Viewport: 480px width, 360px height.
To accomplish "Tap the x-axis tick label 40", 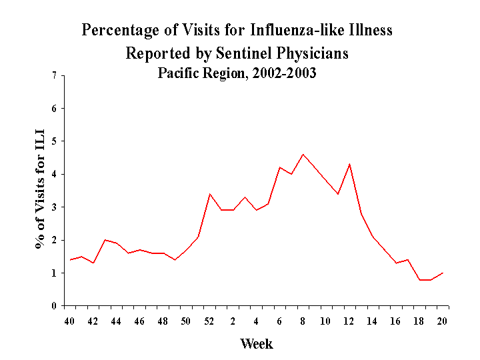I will point(69,321).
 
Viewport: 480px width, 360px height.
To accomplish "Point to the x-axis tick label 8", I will point(303,321).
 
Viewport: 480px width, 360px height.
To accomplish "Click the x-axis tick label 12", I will point(349,321).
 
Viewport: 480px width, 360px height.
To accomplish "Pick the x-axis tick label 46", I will point(140,321).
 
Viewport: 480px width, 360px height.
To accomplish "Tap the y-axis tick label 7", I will point(54,76).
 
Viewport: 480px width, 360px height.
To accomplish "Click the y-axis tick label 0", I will point(54,306).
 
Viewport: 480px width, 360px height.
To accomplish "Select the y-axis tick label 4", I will point(54,175).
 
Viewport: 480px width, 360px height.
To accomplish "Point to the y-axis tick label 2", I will point(54,240).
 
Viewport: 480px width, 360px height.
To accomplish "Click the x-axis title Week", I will point(257,344).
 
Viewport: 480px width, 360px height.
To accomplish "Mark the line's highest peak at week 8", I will point(303,155).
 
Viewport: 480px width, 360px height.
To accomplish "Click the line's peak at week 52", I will point(210,194).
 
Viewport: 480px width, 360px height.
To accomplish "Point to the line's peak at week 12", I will point(349,164).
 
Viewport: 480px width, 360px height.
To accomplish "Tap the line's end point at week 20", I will point(443,273).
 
